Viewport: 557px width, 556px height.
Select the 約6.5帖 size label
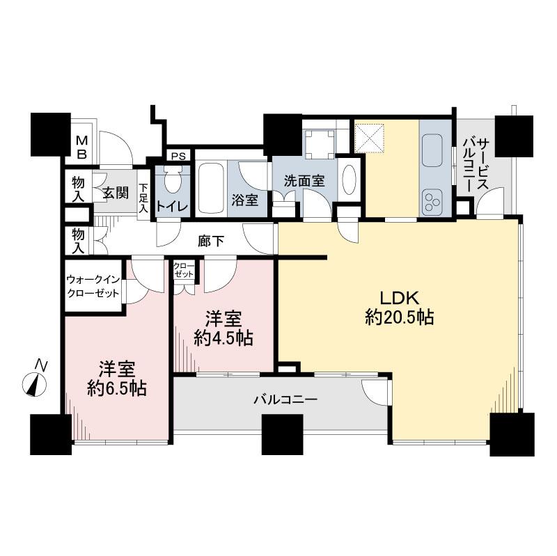click(x=116, y=388)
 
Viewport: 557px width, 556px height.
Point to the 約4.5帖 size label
click(x=223, y=339)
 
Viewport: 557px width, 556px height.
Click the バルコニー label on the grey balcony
click(x=285, y=399)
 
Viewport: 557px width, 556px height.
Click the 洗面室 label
click(x=304, y=180)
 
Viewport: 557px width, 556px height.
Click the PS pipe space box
click(x=178, y=156)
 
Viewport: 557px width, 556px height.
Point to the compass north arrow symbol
click(x=36, y=381)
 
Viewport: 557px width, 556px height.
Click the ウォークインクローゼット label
click(x=92, y=285)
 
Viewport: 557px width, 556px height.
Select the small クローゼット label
click(x=184, y=271)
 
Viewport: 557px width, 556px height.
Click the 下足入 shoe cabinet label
click(x=143, y=197)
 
